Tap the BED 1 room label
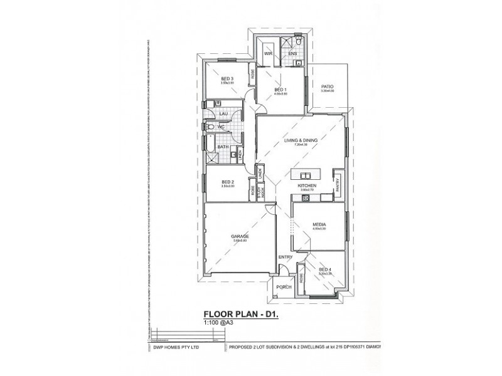coord(280,90)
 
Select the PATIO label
coord(327,86)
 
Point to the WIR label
coord(266,55)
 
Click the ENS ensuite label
coord(292,55)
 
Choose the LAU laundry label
coord(223,113)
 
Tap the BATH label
coord(222,148)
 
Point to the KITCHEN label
coord(306,186)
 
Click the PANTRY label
coord(338,183)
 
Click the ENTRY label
coord(286,256)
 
